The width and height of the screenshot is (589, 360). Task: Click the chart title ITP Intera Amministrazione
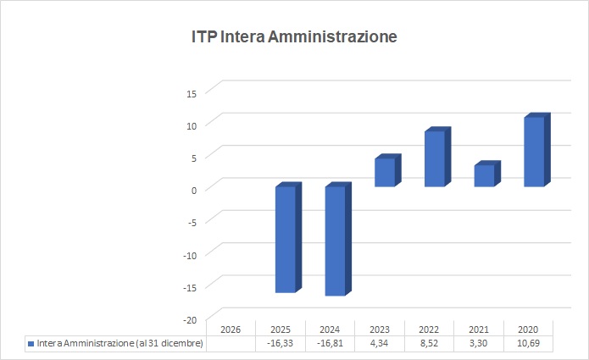(294, 37)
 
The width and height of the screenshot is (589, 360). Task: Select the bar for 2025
(286, 239)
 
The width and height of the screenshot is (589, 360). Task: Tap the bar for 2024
(336, 241)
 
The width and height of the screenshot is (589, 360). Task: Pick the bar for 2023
(385, 172)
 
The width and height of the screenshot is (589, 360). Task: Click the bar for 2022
(435, 158)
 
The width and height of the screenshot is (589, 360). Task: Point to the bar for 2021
(484, 175)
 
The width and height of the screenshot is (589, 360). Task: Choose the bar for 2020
(534, 152)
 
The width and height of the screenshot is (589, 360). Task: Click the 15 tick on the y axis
(191, 93)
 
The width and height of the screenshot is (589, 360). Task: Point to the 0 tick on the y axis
(194, 190)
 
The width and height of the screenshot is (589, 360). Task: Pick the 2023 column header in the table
(379, 329)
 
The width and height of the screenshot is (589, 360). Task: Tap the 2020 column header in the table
(528, 329)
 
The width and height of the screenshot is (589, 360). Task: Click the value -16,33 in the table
(280, 343)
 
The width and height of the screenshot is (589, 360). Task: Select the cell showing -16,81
(329, 343)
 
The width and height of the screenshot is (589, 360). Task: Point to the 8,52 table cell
(429, 343)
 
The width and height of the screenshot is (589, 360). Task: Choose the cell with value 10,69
(528, 343)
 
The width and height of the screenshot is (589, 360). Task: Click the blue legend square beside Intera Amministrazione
(31, 343)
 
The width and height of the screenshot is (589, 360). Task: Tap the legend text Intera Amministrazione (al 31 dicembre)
(119, 343)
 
